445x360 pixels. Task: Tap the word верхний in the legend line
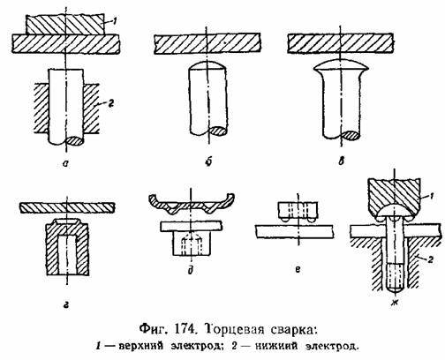tap(141, 346)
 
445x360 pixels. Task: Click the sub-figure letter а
tap(65, 163)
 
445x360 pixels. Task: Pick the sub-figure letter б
tap(208, 162)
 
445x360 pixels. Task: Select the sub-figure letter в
tap(341, 161)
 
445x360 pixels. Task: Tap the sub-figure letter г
tap(66, 305)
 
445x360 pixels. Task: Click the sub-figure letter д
tap(191, 270)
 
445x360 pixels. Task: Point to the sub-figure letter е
tap(298, 269)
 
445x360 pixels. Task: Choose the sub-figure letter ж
tap(395, 303)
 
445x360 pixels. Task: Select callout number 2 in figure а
tap(111, 104)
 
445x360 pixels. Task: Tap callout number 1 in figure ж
tap(431, 197)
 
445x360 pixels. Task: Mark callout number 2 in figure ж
tap(430, 260)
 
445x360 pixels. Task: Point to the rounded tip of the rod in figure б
tap(207, 65)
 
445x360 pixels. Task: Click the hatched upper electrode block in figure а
tap(65, 25)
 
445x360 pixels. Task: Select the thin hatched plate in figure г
tap(67, 207)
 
